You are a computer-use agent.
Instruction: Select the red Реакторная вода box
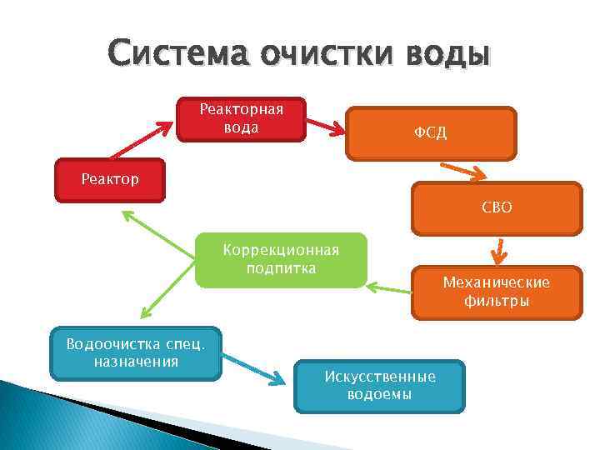pyautogui.click(x=242, y=119)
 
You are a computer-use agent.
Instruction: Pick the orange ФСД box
pyautogui.click(x=431, y=133)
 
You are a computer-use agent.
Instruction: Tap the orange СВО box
pyautogui.click(x=496, y=207)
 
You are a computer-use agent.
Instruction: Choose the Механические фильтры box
pyautogui.click(x=496, y=292)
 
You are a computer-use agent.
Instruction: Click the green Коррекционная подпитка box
pyautogui.click(x=281, y=259)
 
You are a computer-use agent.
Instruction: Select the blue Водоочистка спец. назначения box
pyautogui.click(x=135, y=353)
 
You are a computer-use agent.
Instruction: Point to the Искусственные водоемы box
pyautogui.click(x=379, y=386)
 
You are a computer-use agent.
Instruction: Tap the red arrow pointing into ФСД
pyautogui.click(x=326, y=125)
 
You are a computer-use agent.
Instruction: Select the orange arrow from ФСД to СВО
pyautogui.click(x=467, y=170)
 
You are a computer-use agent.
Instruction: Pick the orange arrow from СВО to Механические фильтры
pyautogui.click(x=497, y=249)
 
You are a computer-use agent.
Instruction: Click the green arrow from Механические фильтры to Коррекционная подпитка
pyautogui.click(x=389, y=289)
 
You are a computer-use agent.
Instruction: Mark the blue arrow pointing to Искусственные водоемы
pyautogui.click(x=254, y=368)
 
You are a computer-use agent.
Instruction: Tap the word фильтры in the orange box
pyautogui.click(x=496, y=301)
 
